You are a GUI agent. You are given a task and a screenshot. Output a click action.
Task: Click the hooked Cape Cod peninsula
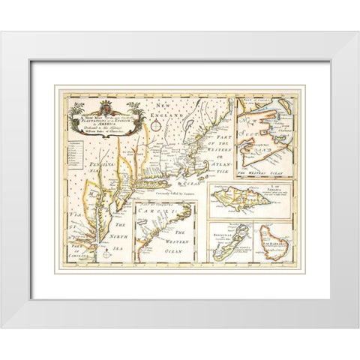pyautogui.click(x=224, y=162)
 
